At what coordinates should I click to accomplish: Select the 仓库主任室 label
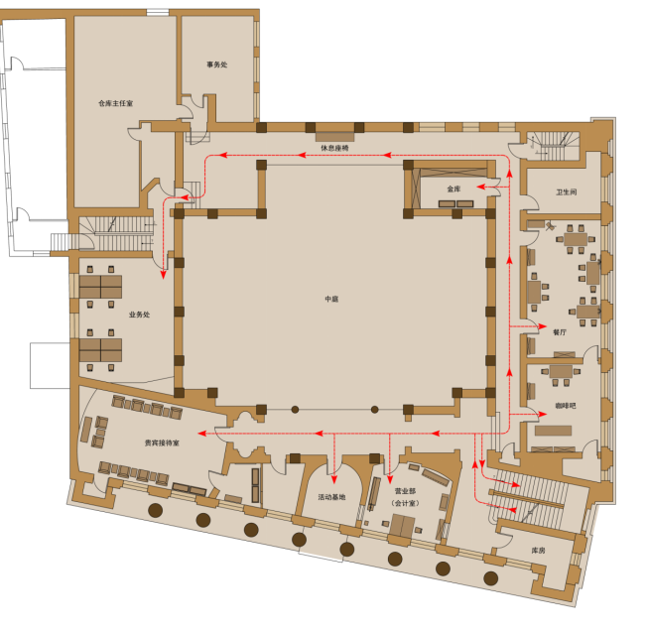pyautogui.click(x=116, y=102)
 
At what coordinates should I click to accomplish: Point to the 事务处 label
pyautogui.click(x=217, y=65)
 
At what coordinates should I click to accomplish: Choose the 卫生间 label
pyautogui.click(x=567, y=192)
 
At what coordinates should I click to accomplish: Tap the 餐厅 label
pyautogui.click(x=560, y=332)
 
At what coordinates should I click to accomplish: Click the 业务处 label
pyautogui.click(x=138, y=316)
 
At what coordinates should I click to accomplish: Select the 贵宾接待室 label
pyautogui.click(x=162, y=442)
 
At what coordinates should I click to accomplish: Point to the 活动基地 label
pyautogui.click(x=331, y=497)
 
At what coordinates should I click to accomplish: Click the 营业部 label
pyautogui.click(x=405, y=490)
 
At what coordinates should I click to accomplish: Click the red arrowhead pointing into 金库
pyautogui.click(x=480, y=187)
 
